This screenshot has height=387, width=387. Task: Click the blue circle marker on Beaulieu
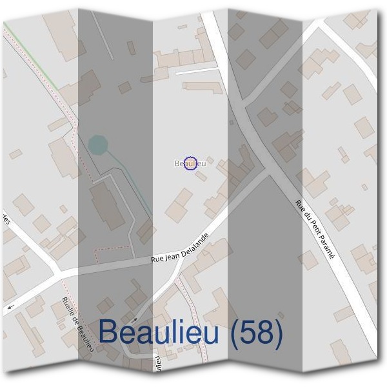click(190, 164)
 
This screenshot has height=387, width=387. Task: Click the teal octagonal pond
click(97, 145)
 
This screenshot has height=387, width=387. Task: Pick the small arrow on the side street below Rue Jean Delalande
click(135, 319)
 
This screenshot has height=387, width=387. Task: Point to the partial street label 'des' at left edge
click(5, 221)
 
